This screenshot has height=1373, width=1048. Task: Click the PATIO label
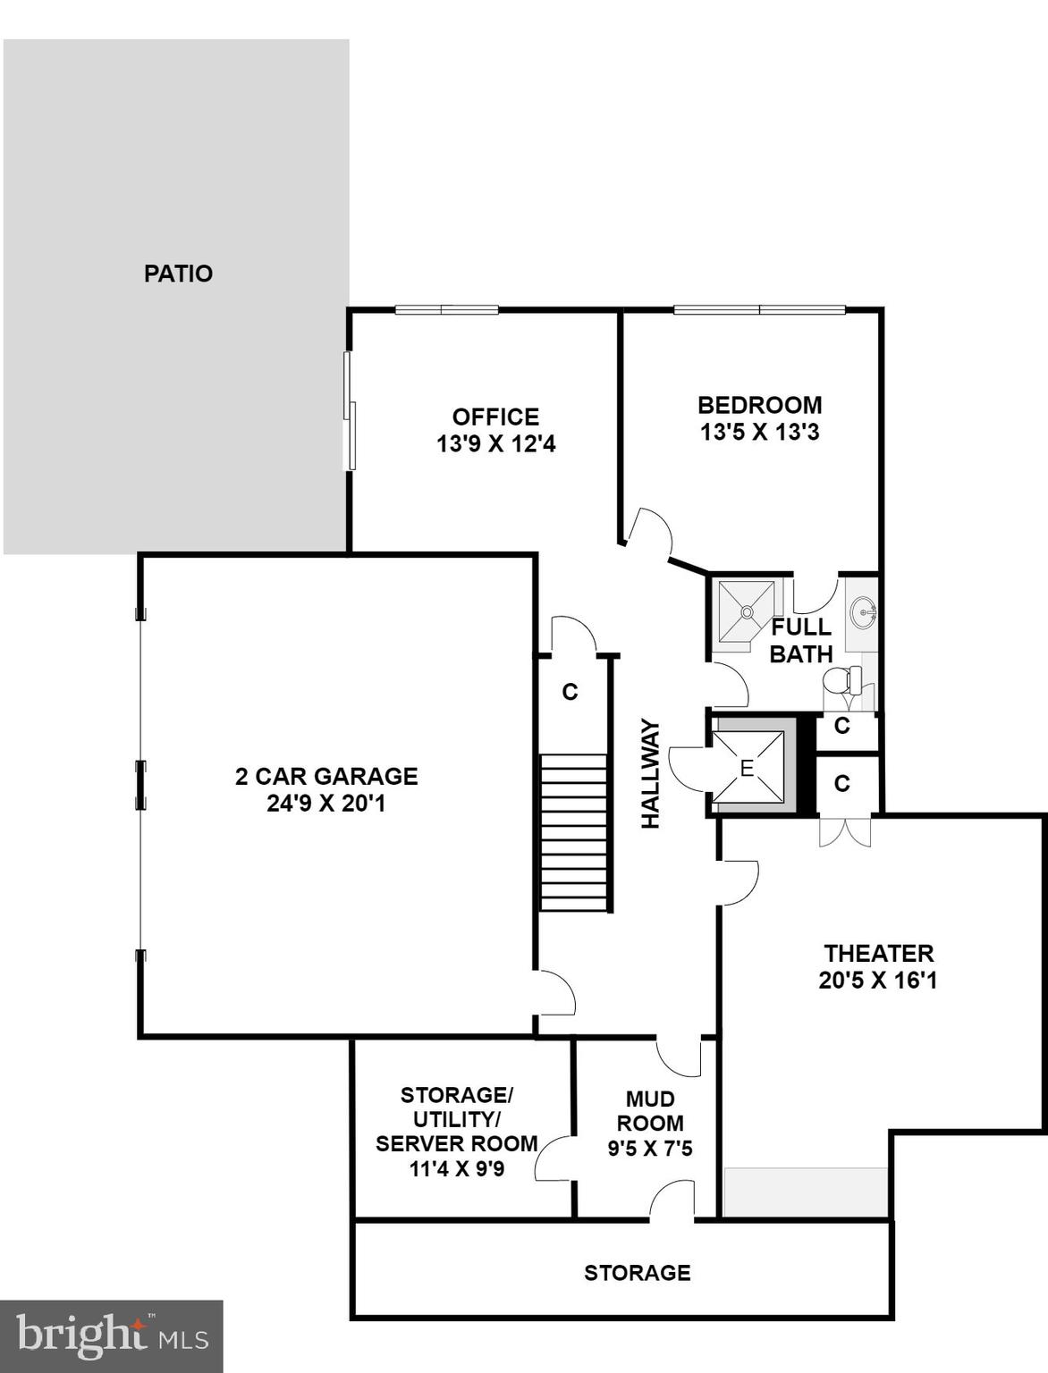tap(178, 274)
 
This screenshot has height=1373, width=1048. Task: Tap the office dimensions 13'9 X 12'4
tap(495, 444)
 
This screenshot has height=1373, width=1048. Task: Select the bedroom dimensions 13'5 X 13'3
tap(759, 433)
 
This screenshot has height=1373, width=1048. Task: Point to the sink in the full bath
tap(864, 613)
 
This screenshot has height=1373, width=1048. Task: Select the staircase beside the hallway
tap(575, 832)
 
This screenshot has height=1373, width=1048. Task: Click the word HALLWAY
tap(651, 774)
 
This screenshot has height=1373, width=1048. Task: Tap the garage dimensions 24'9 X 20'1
tap(325, 804)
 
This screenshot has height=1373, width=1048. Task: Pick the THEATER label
tap(878, 953)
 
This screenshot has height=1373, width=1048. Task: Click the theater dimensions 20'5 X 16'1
tap(877, 981)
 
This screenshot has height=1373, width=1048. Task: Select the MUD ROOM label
tap(650, 1111)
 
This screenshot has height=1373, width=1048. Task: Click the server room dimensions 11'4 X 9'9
tap(456, 1168)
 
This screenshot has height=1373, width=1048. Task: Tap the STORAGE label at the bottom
tap(637, 1273)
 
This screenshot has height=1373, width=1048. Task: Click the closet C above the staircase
tap(570, 692)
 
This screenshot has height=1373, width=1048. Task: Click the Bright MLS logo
tap(112, 1336)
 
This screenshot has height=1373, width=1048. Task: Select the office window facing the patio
tap(351, 411)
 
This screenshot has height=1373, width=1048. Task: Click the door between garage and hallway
tap(556, 993)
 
